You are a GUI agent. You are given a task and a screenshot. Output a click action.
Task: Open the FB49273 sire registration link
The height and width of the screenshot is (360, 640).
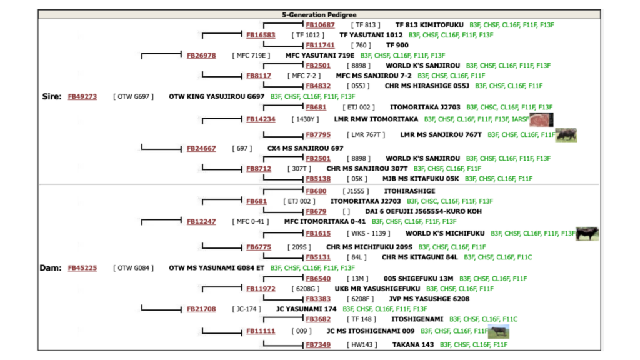[x=82, y=97]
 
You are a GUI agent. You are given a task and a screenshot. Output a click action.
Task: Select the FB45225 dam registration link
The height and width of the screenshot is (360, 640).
[x=82, y=267]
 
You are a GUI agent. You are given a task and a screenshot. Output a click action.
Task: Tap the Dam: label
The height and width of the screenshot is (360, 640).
[x=50, y=267]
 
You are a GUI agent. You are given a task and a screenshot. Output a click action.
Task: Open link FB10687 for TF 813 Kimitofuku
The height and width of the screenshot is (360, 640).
[x=320, y=25]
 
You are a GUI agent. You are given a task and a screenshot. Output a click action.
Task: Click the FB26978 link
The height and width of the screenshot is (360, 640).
[x=201, y=56]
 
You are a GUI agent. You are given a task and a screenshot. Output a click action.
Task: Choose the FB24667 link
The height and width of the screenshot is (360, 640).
[x=201, y=148]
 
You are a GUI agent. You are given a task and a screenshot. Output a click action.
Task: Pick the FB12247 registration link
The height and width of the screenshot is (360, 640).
[x=201, y=221]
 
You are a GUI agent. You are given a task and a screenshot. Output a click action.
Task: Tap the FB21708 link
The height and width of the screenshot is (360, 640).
[x=201, y=309]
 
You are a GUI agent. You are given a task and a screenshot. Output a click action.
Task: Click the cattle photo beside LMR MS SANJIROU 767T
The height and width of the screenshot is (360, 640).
[x=566, y=134]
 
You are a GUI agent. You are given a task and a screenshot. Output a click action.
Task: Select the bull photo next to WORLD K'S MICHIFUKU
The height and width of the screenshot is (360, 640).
[x=587, y=234]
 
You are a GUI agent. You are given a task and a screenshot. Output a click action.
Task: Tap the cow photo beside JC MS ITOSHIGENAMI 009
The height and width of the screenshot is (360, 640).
[x=499, y=331]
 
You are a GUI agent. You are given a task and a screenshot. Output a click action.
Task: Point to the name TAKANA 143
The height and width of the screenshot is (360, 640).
[x=412, y=344]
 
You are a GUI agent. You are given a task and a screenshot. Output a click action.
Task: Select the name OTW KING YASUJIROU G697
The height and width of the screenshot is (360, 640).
[x=216, y=97]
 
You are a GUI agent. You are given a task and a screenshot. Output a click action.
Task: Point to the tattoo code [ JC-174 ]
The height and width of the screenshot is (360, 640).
[x=249, y=309]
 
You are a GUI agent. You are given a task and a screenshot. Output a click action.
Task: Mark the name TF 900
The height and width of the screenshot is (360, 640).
[x=397, y=46]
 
